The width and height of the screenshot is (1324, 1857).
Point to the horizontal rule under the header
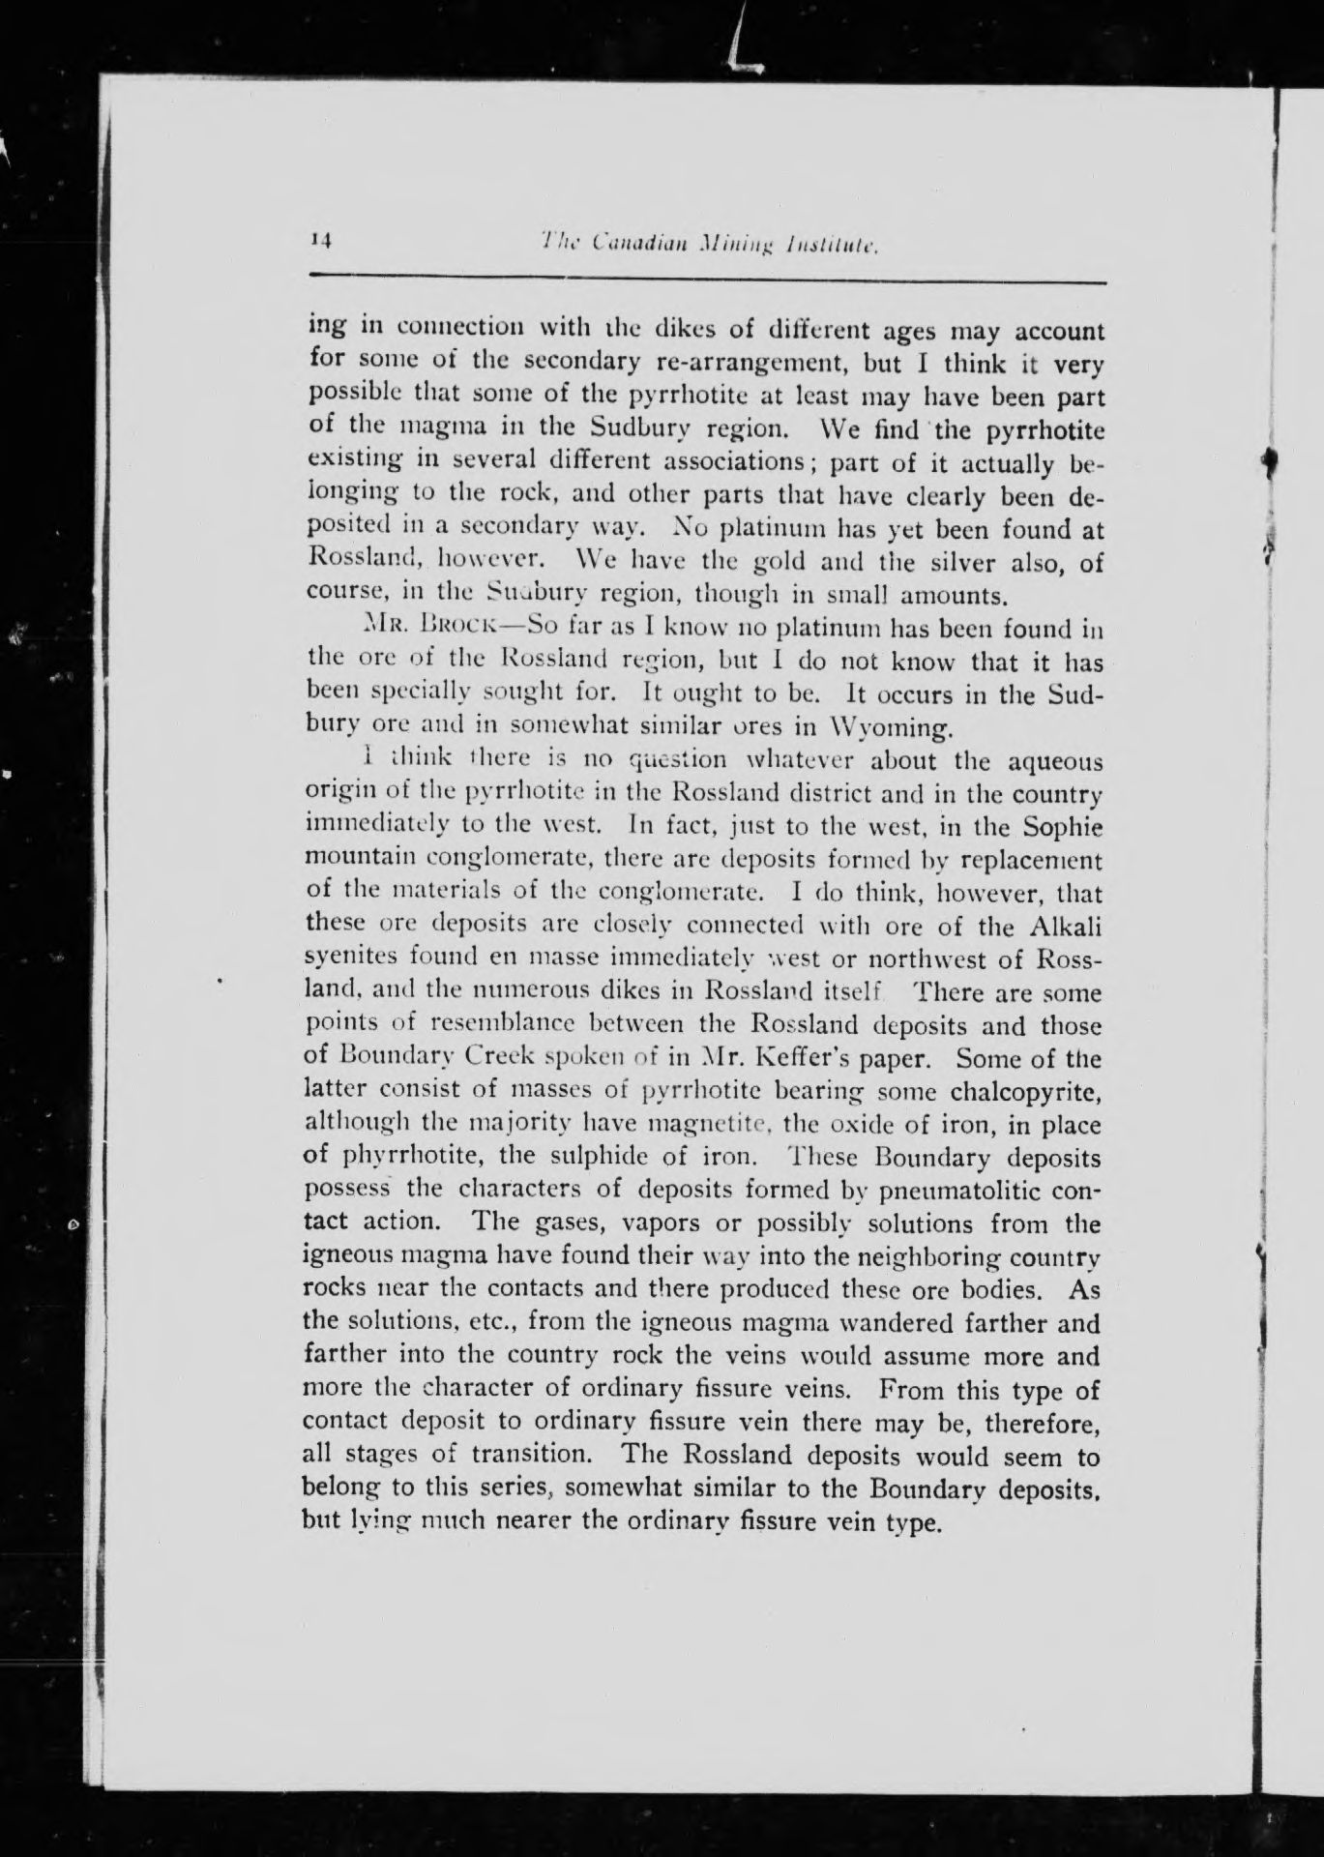(706, 281)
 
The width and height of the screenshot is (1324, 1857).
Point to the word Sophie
(1064, 827)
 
